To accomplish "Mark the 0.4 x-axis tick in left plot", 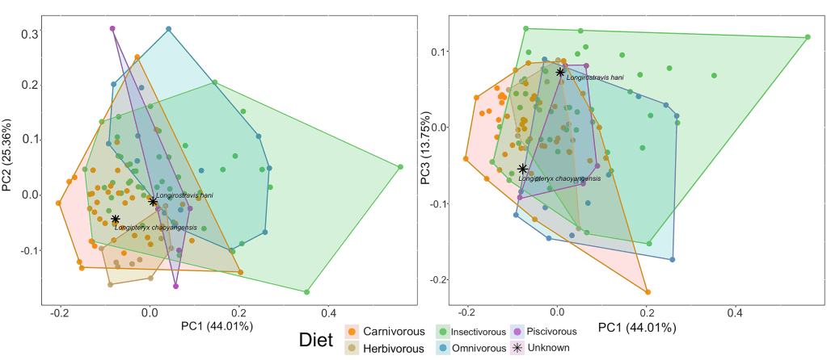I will (x=328, y=311).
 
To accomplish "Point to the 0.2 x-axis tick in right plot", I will (x=646, y=312).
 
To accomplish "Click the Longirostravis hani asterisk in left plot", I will (x=153, y=201).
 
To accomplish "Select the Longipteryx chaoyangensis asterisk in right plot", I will (x=523, y=169).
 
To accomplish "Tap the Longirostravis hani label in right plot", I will (x=595, y=77).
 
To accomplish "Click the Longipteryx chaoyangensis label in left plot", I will (x=156, y=228).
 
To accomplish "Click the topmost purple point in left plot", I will (x=113, y=29).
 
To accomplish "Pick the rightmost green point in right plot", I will (x=808, y=37).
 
